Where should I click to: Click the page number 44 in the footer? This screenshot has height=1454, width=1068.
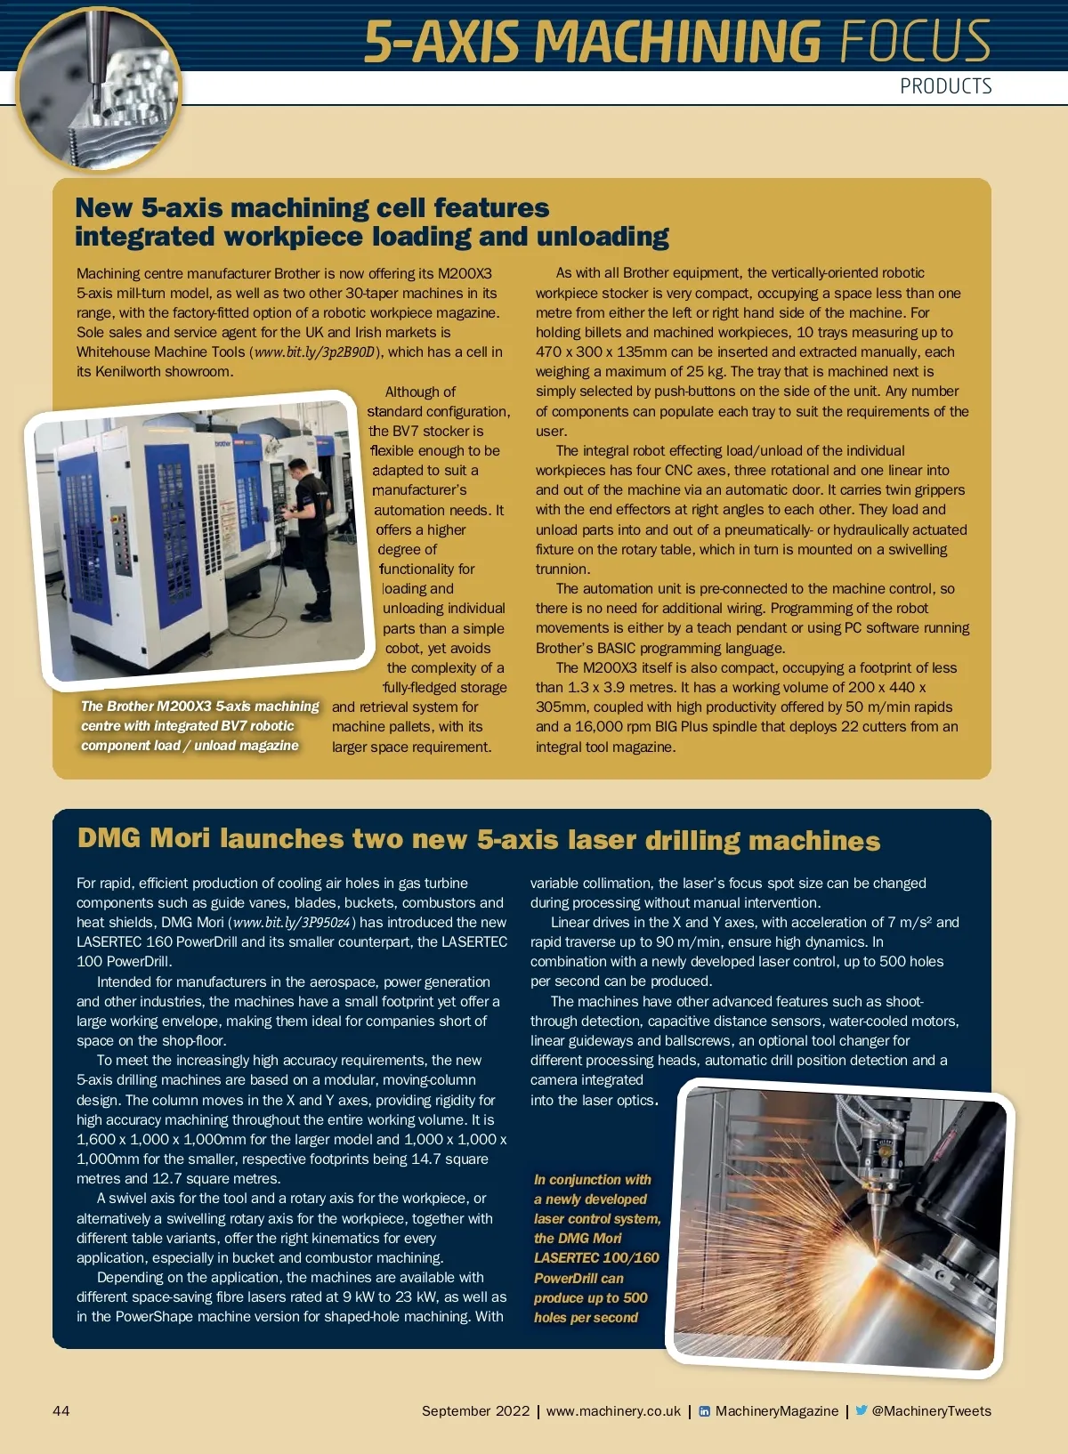pos(61,1410)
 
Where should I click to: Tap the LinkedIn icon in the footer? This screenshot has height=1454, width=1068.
pos(705,1411)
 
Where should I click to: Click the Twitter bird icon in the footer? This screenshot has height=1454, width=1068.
pos(861,1410)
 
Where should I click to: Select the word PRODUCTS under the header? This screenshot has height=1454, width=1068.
pos(945,86)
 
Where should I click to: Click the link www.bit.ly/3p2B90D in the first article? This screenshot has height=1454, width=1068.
pos(314,352)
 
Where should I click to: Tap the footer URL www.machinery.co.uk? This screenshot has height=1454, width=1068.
pos(613,1411)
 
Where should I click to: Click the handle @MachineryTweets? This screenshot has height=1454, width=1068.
pos(931,1411)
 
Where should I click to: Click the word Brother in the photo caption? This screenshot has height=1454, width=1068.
pos(130,707)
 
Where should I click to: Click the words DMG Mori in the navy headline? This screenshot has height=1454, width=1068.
pos(143,839)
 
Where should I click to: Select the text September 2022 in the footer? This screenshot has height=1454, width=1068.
pos(475,1411)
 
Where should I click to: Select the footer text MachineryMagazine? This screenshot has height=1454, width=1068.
pos(776,1411)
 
